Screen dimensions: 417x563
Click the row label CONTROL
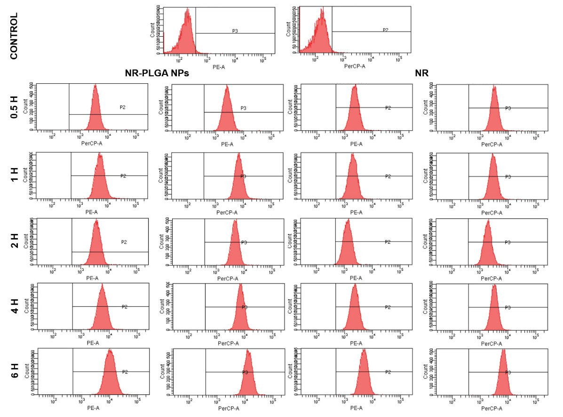[14, 36]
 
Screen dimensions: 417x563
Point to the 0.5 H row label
[14, 107]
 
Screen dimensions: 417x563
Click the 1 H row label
[14, 175]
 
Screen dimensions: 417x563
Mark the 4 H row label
[14, 306]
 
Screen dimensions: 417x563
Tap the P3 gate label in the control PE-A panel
[235, 31]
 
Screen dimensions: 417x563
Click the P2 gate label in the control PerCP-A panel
[385, 30]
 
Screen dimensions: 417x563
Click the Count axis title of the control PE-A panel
[152, 30]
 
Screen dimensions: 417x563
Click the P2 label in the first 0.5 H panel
[122, 107]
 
